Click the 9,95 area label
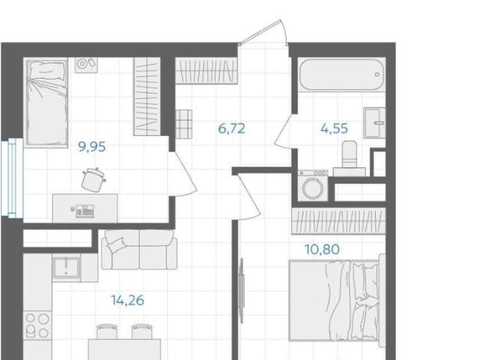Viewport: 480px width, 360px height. tap(92, 147)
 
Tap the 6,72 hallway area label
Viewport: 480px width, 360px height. tap(232, 128)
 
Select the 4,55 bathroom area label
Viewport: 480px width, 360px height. tap(334, 128)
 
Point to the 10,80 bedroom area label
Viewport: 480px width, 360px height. tap(322, 249)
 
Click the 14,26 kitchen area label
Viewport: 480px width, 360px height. tap(127, 300)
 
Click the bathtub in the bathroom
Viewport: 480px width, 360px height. tap(342, 74)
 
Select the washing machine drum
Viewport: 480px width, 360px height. tap(313, 187)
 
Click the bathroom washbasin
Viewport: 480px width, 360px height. tap(374, 123)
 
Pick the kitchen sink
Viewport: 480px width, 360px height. tap(67, 268)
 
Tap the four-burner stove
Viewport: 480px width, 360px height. tap(37, 325)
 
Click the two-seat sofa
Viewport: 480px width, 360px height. tap(139, 250)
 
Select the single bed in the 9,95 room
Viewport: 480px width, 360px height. tap(46, 102)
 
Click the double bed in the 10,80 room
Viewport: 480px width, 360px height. tap(337, 300)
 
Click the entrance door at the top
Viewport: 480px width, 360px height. tap(264, 32)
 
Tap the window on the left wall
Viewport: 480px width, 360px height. tap(12, 178)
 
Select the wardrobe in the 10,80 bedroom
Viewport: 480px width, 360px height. tap(338, 221)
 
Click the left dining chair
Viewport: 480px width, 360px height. tap(106, 331)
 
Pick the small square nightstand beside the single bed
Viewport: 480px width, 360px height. tap(86, 65)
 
